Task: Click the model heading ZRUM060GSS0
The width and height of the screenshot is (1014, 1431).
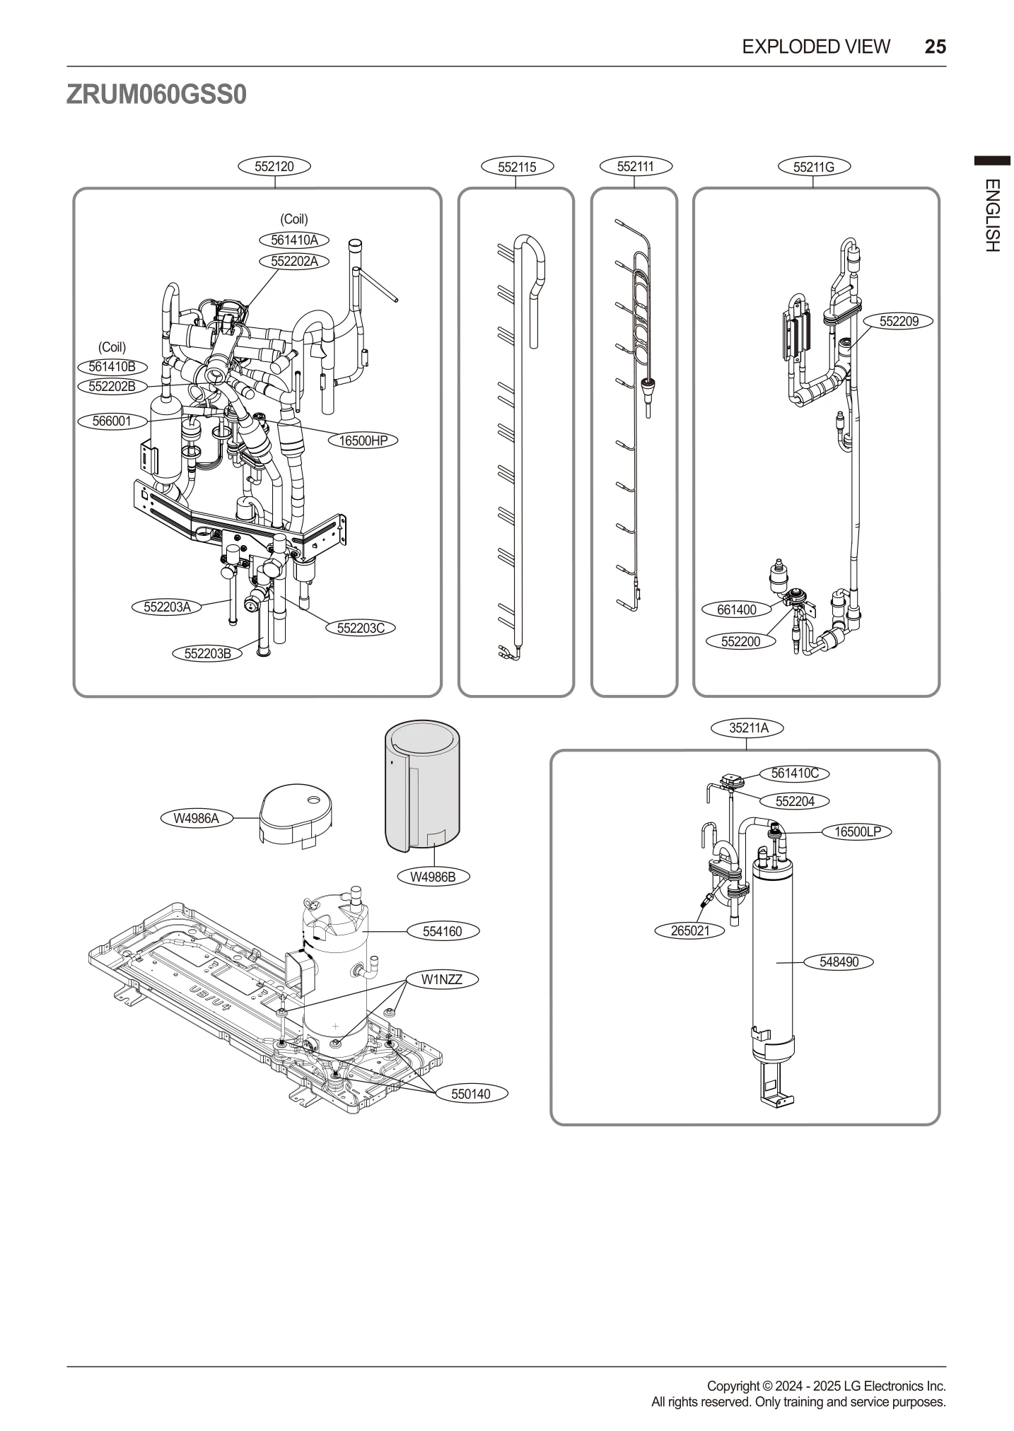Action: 156,95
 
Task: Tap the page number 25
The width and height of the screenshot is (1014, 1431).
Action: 934,47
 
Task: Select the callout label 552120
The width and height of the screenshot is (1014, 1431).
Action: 274,167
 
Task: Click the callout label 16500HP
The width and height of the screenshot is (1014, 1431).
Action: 363,440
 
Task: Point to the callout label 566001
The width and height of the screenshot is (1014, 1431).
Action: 112,421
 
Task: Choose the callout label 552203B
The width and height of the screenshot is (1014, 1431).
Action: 207,653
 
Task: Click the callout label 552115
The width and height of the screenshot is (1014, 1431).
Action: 516,168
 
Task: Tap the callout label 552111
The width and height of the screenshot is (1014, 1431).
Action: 635,167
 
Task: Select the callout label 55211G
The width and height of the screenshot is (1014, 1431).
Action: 813,168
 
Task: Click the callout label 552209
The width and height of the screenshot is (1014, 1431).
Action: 898,322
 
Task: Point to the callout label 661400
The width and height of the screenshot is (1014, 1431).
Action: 736,609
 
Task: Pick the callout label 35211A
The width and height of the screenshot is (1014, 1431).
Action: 748,728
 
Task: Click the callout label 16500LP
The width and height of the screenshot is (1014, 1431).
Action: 857,831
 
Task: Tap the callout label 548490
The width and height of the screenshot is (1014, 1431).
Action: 839,962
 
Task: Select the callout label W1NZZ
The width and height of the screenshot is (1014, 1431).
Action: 441,979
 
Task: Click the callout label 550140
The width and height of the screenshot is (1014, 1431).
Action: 470,1094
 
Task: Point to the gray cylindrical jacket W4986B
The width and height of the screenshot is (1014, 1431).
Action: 422,785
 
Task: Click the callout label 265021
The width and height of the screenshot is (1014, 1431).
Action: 689,930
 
